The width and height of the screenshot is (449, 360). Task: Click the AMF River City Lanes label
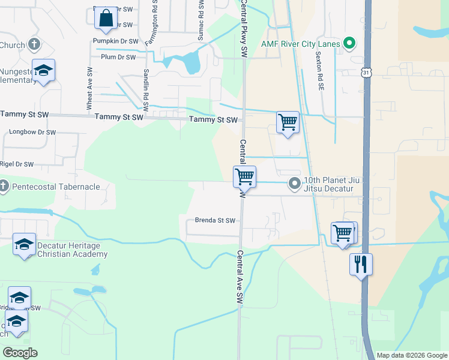300,44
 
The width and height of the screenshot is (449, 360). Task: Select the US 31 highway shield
366,72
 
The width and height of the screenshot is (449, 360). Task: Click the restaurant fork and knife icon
361,264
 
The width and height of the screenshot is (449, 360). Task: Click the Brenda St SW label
215,220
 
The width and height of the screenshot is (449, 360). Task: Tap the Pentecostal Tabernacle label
55,187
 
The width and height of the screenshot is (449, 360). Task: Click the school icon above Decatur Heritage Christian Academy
25,244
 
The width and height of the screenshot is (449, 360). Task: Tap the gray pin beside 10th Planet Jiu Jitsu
294,184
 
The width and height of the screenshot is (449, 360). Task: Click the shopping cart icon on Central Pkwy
244,177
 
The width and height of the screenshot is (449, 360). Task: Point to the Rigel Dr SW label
17,164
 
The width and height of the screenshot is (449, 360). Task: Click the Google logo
20,353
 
